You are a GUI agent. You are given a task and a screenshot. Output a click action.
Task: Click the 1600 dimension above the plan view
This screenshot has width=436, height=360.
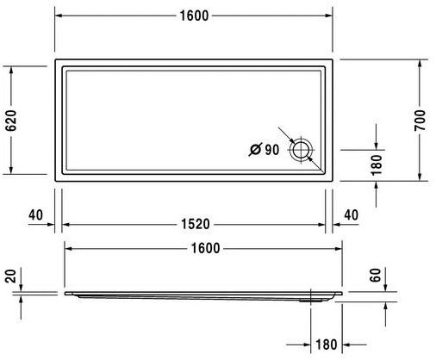pos(194,17)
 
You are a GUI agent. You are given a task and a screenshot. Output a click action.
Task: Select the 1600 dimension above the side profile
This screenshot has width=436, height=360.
pos(202,248)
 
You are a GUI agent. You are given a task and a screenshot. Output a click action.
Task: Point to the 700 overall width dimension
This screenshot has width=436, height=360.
pos(420,122)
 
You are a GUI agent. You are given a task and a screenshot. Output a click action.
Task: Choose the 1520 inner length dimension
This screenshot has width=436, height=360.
pos(194,225)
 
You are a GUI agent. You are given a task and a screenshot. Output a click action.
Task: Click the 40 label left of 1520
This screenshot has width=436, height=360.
pos(34,214)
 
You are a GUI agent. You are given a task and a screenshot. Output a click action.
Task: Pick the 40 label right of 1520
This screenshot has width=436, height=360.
pos(351,214)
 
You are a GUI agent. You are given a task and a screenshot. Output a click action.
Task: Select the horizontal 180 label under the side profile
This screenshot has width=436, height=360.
pos(325,344)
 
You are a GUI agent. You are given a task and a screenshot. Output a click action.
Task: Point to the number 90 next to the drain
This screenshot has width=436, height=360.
pos(271,151)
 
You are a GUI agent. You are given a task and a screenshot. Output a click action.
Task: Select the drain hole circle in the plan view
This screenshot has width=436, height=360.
pos(302,151)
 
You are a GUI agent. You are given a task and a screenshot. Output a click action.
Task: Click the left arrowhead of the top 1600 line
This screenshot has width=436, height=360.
pos(59,17)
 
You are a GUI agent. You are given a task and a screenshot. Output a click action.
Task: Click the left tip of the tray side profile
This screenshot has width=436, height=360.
pos(65,293)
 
